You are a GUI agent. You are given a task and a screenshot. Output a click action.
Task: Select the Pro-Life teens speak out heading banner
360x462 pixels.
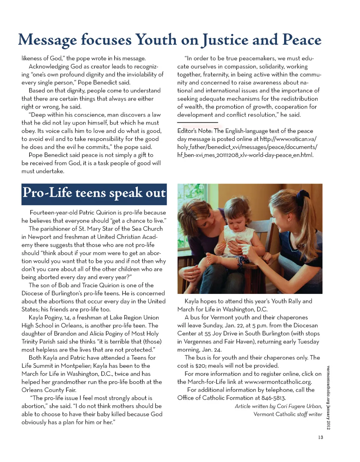(94, 194)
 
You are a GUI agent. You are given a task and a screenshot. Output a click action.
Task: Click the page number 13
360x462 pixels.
(320, 437)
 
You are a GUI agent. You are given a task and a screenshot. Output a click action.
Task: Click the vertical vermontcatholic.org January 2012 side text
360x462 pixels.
(328, 397)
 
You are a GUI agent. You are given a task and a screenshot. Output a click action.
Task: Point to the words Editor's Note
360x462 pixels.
(194, 131)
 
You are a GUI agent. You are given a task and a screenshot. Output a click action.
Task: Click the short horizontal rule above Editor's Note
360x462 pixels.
(198, 122)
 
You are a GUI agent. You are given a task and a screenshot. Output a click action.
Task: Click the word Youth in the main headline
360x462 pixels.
(156, 40)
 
